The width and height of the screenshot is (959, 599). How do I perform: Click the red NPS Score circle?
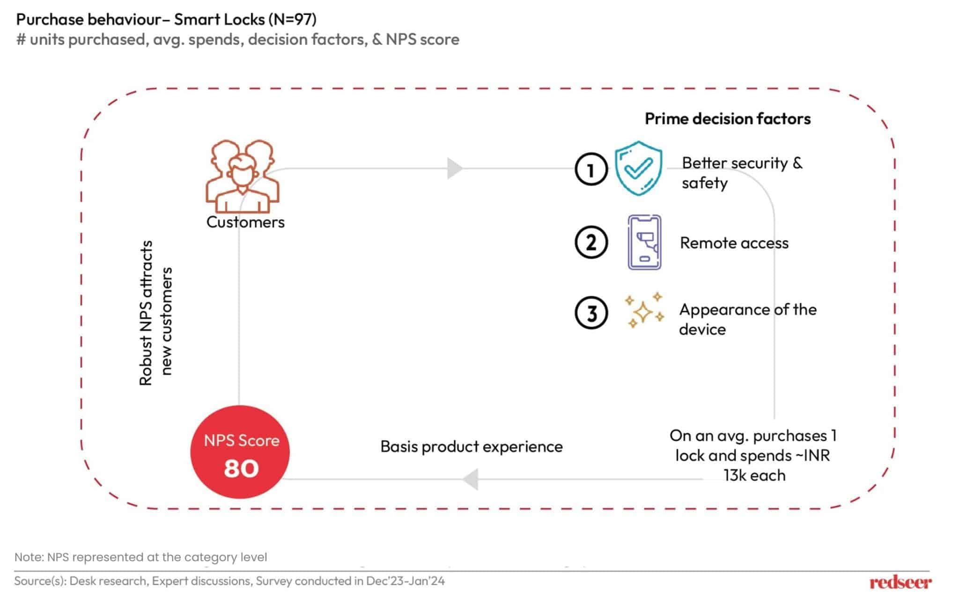coord(240,452)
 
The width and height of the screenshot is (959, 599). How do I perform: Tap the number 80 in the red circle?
coord(241,468)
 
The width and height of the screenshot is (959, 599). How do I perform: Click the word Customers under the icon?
coord(245,222)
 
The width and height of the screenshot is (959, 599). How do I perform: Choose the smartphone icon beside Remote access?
coord(644,242)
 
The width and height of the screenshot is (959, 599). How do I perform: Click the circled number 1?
coord(591,169)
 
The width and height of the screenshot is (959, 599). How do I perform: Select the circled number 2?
coord(591,243)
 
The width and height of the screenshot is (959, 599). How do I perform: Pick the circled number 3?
coord(591,313)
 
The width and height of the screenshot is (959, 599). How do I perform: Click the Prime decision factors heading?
coord(727,119)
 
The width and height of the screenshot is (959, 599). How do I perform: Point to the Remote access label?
coord(734,243)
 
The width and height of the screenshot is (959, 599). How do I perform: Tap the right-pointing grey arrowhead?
coord(454,168)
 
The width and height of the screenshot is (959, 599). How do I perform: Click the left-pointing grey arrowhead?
coord(471,479)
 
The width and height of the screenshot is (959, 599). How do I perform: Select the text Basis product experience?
coord(471,446)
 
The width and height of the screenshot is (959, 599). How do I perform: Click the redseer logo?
coord(900,582)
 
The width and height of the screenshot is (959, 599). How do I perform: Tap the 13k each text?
coord(754,475)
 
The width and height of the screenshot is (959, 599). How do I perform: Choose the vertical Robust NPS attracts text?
coord(146,313)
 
